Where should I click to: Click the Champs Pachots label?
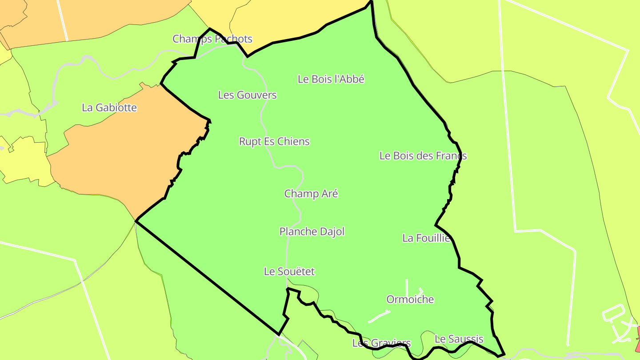click(x=212, y=39)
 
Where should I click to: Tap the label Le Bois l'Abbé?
click(x=331, y=80)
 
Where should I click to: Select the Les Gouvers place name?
click(x=248, y=95)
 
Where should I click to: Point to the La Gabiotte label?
click(x=109, y=108)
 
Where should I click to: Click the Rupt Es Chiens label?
click(x=274, y=142)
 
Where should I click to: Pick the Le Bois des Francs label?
click(x=423, y=156)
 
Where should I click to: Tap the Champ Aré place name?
click(x=311, y=194)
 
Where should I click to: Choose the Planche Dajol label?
click(x=312, y=232)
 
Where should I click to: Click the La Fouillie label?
click(x=426, y=238)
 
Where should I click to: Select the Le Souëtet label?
click(x=289, y=272)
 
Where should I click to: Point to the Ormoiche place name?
click(x=410, y=300)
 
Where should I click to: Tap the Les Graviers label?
click(x=381, y=343)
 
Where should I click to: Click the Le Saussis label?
click(x=459, y=339)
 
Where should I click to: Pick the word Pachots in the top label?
click(x=234, y=39)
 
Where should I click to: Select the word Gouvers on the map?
click(x=256, y=95)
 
